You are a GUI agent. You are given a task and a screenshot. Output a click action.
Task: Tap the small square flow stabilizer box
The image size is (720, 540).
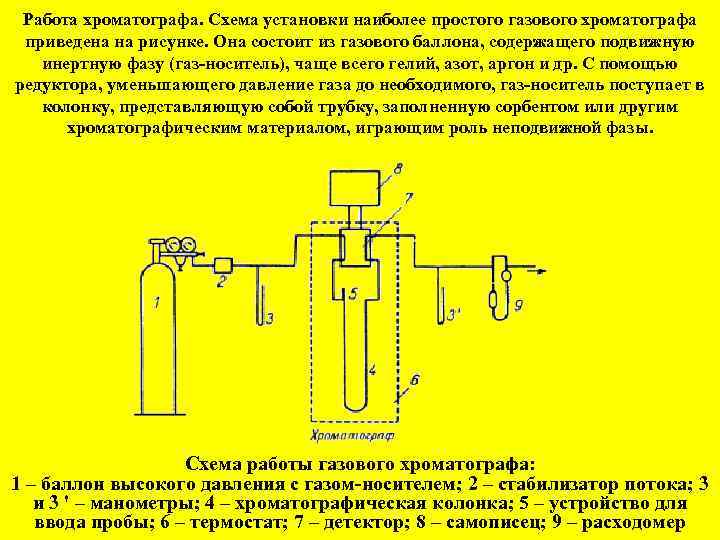[x=223, y=264]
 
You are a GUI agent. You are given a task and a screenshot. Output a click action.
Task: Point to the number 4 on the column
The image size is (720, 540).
[x=372, y=370]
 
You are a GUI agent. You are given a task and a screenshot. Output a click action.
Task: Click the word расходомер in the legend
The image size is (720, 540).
[x=636, y=522]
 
